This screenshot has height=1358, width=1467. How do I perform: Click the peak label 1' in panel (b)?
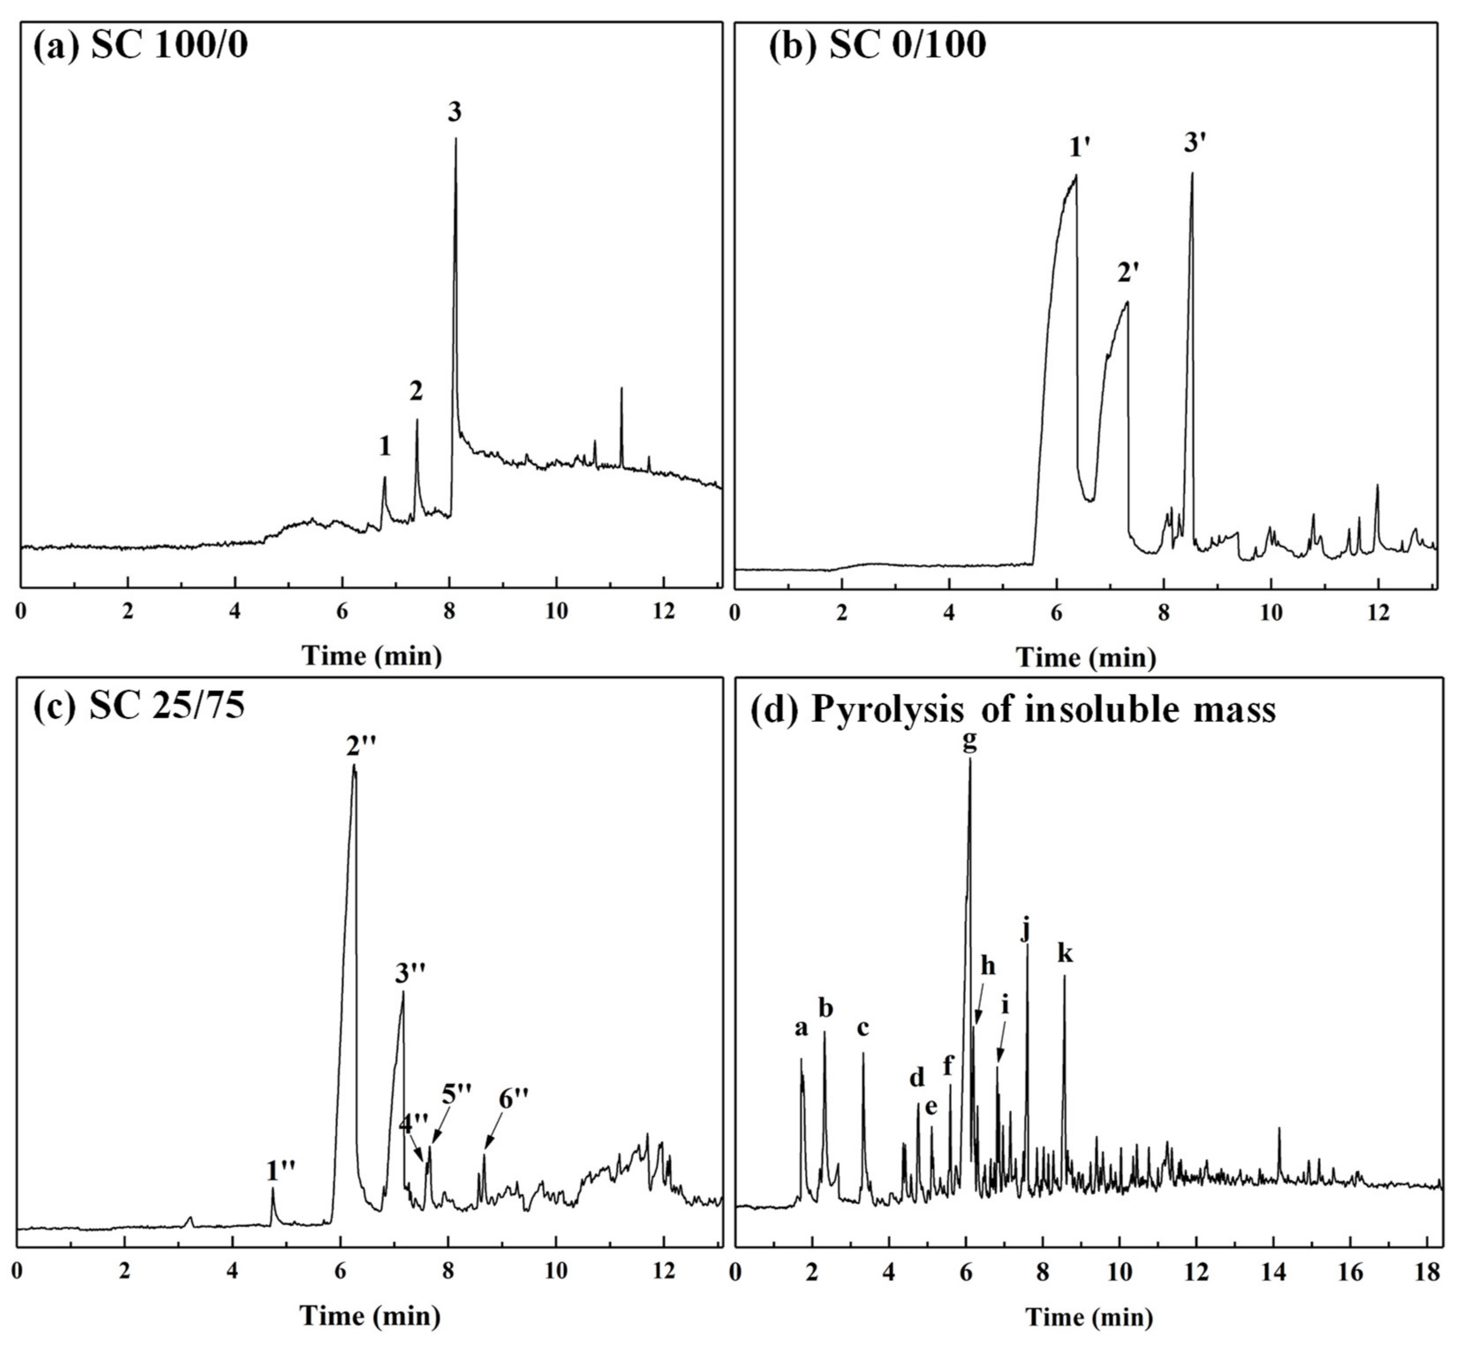pyautogui.click(x=1079, y=148)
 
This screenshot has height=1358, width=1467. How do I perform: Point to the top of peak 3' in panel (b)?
pyautogui.click(x=1192, y=174)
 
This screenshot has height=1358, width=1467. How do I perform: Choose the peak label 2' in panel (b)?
pyautogui.click(x=1128, y=273)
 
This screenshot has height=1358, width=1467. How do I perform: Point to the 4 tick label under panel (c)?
pyautogui.click(x=232, y=1271)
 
